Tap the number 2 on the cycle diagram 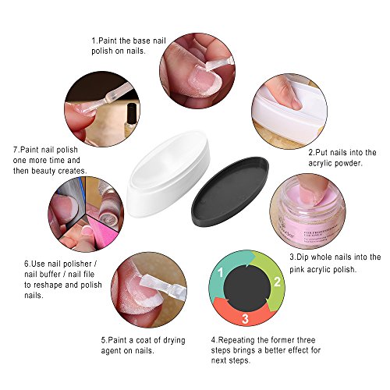[276, 281]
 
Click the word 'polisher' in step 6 [73, 264]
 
